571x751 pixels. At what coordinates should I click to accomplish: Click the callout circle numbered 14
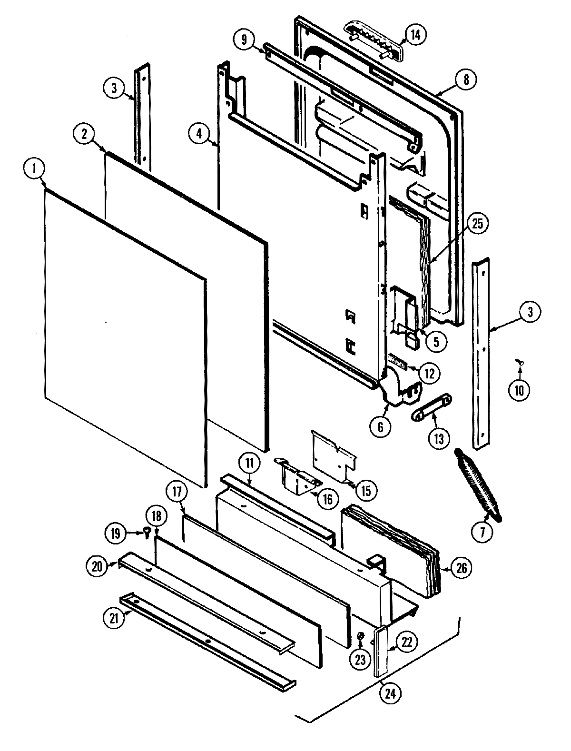(x=415, y=36)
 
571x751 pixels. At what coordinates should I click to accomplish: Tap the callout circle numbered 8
(x=465, y=80)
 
